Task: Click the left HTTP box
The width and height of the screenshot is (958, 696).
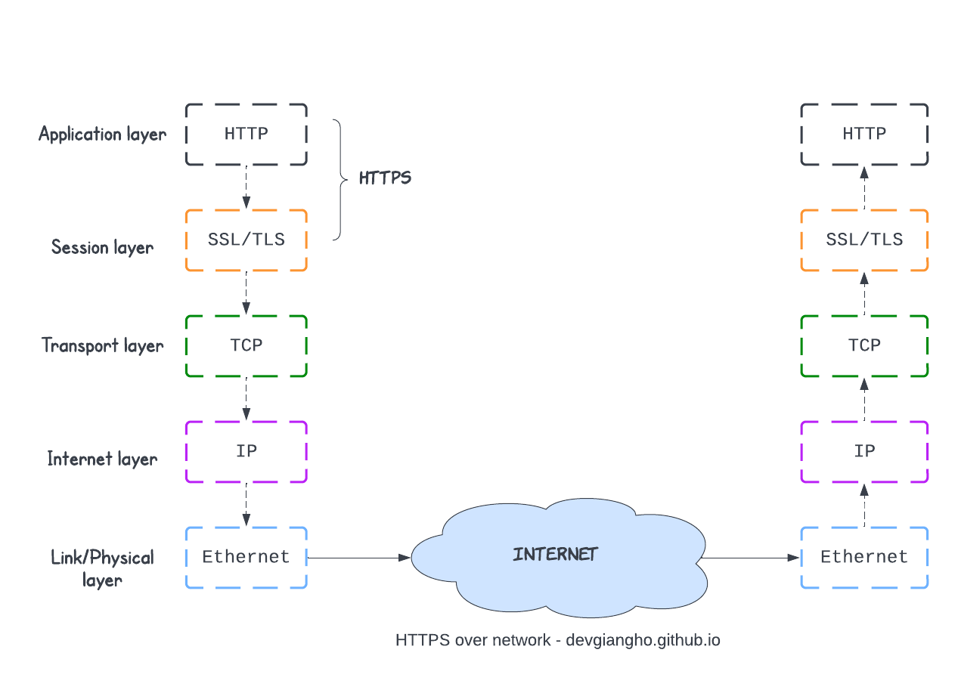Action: point(246,135)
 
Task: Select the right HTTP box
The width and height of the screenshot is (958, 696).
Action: point(864,135)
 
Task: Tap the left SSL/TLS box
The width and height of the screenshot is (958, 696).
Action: point(246,240)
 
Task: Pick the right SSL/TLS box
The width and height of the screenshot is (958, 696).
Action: point(864,240)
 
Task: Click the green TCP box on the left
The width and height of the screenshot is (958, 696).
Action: point(246,346)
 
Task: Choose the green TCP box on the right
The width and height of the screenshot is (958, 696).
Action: point(864,346)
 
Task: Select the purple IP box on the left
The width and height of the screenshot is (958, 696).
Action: point(246,452)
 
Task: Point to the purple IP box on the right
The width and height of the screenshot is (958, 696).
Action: point(864,452)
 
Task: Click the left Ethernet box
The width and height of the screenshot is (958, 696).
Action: point(246,558)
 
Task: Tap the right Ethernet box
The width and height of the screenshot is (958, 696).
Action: point(864,558)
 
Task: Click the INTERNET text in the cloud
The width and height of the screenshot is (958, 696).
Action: point(556,555)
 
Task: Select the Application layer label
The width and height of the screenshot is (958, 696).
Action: point(103,135)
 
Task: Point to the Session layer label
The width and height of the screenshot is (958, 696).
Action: point(103,247)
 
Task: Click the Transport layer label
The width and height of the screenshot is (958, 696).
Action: point(103,345)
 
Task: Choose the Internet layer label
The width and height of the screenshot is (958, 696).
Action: point(103,459)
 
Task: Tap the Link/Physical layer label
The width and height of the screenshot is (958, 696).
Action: point(103,568)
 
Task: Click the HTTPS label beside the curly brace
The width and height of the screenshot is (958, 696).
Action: point(385,178)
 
